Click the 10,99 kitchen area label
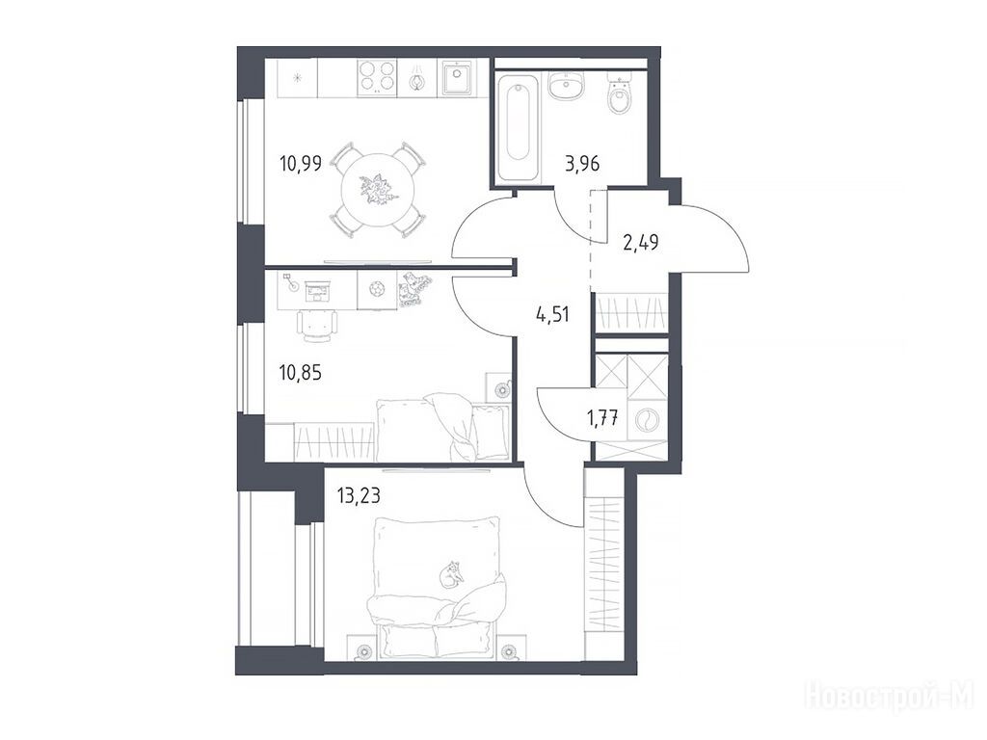pyautogui.click(x=301, y=164)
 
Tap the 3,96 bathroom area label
pyautogui.click(x=582, y=164)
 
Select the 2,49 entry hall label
pyautogui.click(x=641, y=242)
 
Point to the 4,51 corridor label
pyautogui.click(x=552, y=313)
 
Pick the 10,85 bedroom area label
pyautogui.click(x=301, y=373)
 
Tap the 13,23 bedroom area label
pyautogui.click(x=359, y=496)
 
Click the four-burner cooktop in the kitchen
pyautogui.click(x=377, y=77)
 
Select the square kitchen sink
pyautogui.click(x=457, y=77)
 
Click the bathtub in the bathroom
pyautogui.click(x=518, y=128)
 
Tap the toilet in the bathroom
pyautogui.click(x=620, y=95)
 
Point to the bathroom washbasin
pyautogui.click(x=567, y=85)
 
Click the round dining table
pyautogui.click(x=378, y=188)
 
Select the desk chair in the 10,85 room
pyautogui.click(x=316, y=326)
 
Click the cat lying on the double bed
pyautogui.click(x=451, y=574)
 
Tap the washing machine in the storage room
pyautogui.click(x=647, y=420)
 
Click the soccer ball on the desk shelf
pyautogui.click(x=378, y=289)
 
